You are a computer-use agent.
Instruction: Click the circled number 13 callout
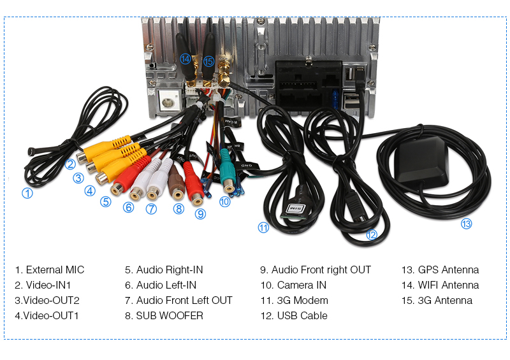coord(467,224)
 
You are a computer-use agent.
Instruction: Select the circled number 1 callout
coord(27,193)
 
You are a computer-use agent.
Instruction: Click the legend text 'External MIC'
coord(50,270)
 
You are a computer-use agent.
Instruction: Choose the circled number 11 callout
coord(263,227)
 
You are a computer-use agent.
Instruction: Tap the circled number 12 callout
coord(372,234)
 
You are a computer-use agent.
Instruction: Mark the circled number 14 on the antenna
coord(186,59)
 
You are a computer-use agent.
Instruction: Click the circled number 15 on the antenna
coord(208,62)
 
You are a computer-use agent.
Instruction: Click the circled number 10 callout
coord(224,201)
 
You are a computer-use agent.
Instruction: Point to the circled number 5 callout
coord(106,202)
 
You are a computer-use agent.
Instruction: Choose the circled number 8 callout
coord(178,208)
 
